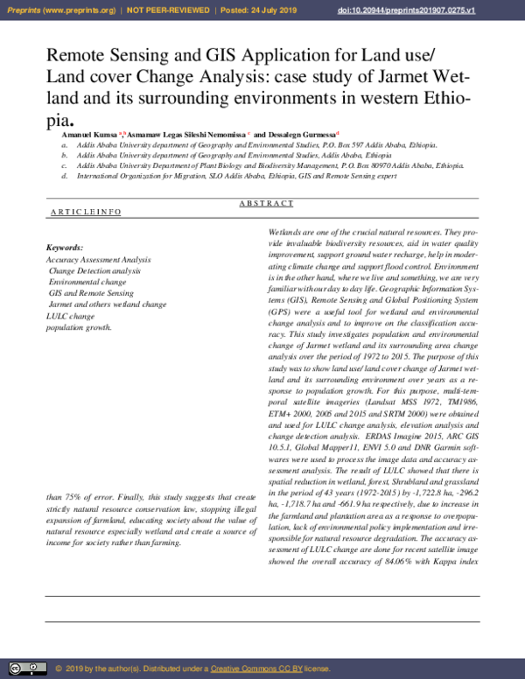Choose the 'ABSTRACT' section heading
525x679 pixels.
click(x=266, y=203)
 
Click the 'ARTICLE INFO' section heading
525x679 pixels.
click(x=86, y=213)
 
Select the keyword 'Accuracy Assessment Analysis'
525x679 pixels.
click(x=98, y=260)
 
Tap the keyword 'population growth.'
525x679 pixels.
click(x=79, y=327)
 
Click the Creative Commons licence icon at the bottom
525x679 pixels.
click(x=26, y=668)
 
